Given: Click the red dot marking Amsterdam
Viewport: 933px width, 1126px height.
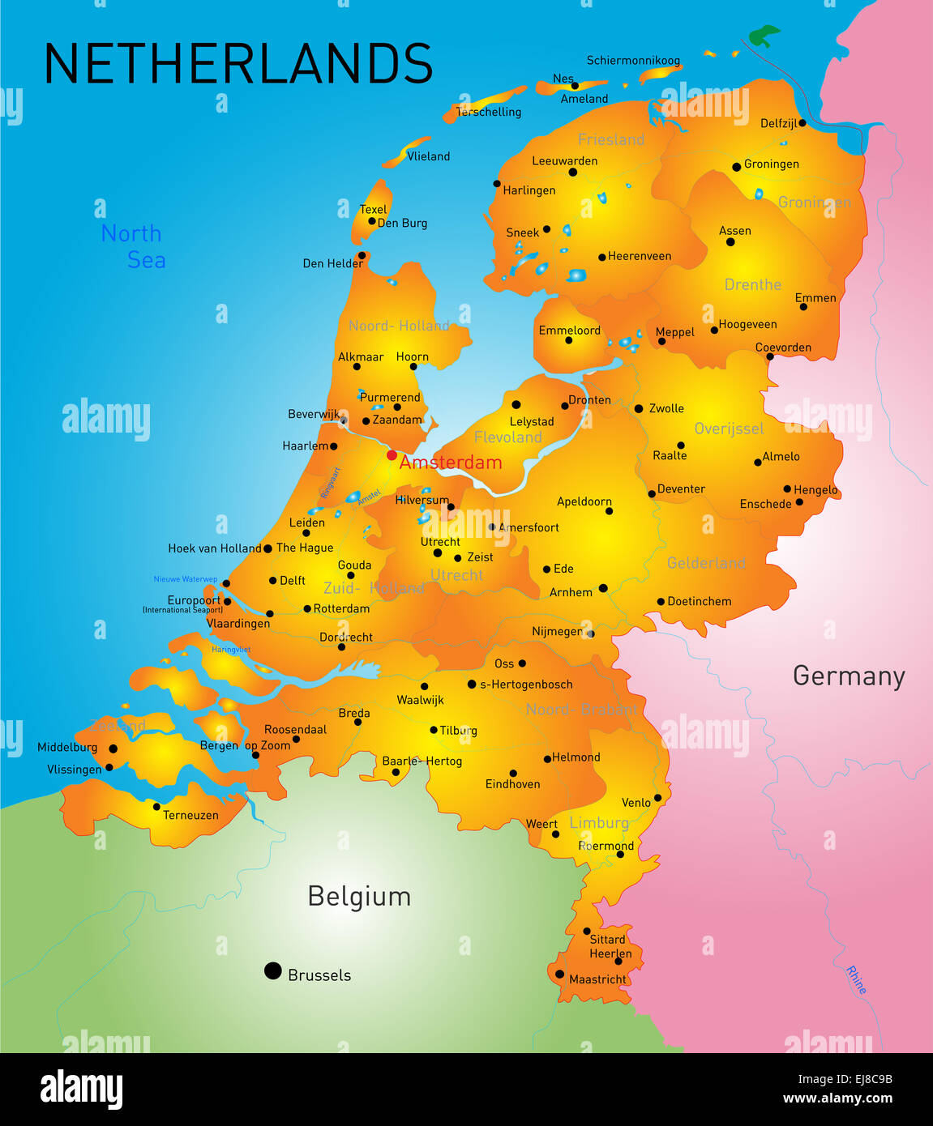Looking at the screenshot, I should (x=392, y=455).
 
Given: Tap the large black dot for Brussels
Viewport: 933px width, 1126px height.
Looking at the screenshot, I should (x=273, y=970).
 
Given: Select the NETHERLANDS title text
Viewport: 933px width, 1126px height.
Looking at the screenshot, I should (x=238, y=64).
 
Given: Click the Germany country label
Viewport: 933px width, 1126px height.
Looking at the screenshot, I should (x=848, y=676).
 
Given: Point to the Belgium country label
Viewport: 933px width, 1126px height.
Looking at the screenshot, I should (x=359, y=896).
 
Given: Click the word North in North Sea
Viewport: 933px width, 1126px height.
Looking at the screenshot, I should (x=131, y=234).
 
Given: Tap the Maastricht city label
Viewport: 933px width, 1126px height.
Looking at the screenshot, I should (x=597, y=979).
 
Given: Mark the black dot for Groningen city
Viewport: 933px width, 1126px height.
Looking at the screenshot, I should (x=737, y=167).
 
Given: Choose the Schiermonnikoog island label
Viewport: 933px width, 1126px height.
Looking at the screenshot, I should (x=633, y=61).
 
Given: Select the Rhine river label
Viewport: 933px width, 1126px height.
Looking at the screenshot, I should (x=856, y=979).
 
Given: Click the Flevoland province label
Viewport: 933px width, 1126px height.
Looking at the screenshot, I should (x=507, y=437).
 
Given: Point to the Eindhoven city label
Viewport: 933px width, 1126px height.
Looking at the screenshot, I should (x=512, y=784).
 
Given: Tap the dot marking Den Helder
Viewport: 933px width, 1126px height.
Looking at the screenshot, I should (x=362, y=255).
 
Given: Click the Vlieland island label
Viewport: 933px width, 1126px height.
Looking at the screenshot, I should (x=428, y=156).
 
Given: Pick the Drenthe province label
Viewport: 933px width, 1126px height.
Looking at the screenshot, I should (x=752, y=284).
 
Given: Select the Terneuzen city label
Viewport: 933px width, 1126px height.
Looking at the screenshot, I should (x=190, y=815).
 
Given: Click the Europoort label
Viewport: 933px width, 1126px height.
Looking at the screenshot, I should (x=194, y=600).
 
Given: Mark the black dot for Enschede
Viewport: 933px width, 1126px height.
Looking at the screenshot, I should (x=799, y=502).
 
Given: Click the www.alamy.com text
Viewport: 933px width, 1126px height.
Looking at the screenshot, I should (x=837, y=1098).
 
